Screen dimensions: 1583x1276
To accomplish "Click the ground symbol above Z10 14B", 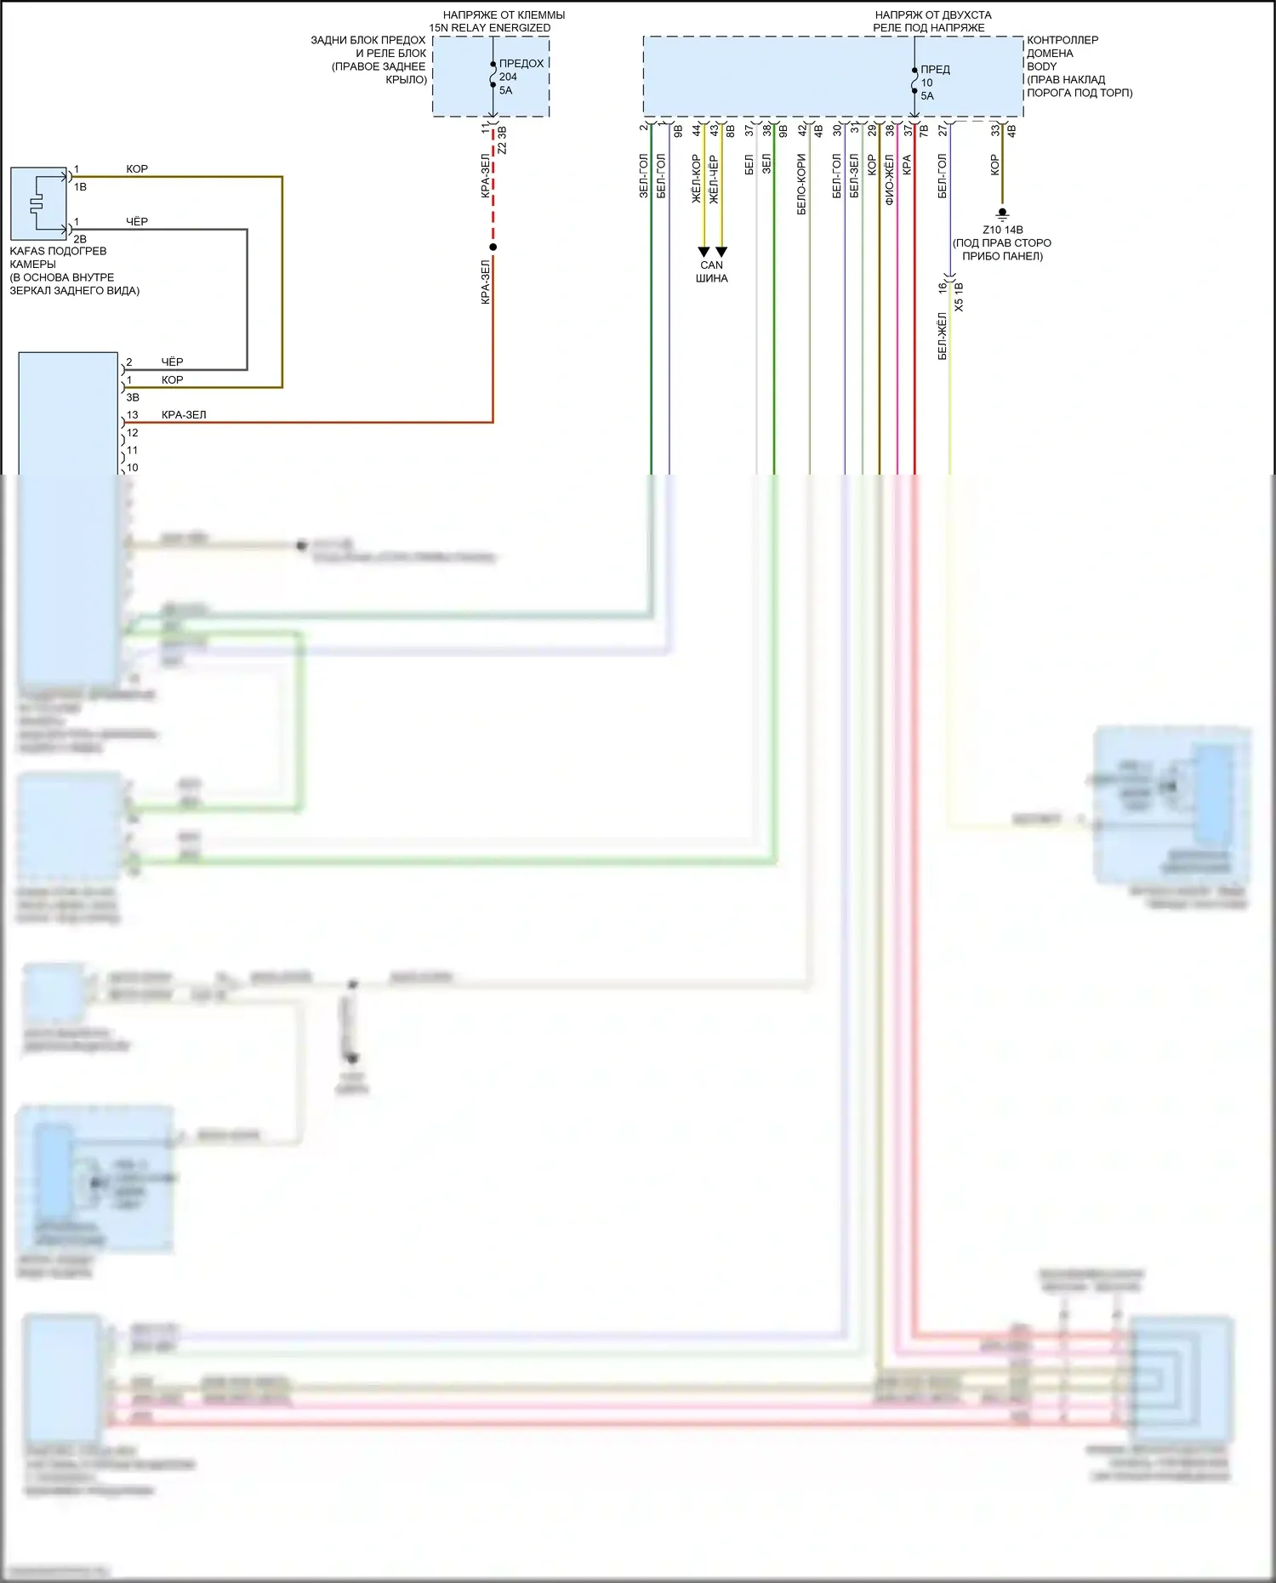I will [x=1002, y=214].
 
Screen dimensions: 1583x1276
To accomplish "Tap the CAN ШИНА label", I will [x=712, y=271].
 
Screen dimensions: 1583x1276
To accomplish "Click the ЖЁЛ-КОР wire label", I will [x=696, y=179].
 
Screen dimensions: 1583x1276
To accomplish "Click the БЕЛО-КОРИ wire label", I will [x=801, y=184].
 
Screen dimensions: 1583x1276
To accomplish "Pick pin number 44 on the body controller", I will [x=696, y=129].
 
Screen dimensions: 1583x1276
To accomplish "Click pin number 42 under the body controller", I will [x=801, y=129].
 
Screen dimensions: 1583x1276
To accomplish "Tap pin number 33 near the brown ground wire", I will [x=994, y=129].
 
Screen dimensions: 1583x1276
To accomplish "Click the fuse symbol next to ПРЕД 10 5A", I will [x=914, y=82].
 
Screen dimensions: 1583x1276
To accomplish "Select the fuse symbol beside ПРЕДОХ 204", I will [x=493, y=76].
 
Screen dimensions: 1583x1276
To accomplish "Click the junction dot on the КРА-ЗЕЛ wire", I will [x=493, y=248].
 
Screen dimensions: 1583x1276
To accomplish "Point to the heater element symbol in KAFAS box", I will [x=36, y=203].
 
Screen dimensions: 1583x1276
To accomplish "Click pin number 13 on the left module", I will [x=132, y=415].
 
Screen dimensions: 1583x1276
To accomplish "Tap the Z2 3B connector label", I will [x=502, y=140].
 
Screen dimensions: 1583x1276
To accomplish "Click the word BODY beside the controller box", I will [x=1042, y=66].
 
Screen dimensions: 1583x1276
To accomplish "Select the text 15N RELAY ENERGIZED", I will [x=490, y=28].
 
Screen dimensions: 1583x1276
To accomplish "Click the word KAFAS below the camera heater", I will [x=26, y=251].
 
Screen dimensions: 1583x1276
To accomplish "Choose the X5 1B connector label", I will [x=959, y=297].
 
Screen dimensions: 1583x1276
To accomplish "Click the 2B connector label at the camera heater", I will [x=80, y=239].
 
